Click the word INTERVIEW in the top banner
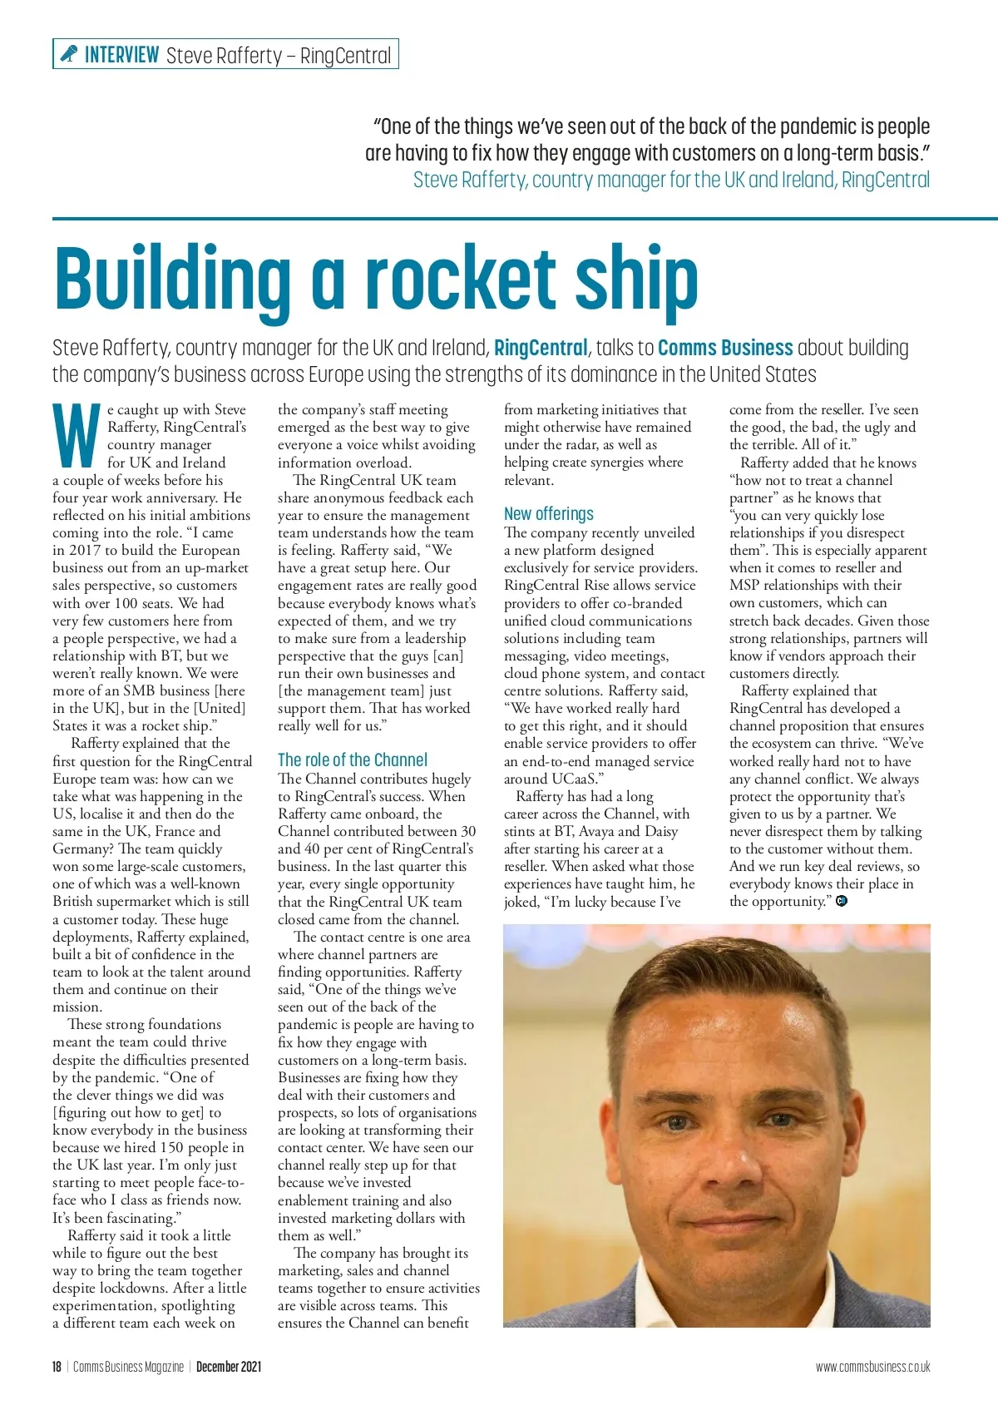(x=121, y=55)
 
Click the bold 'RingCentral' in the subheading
(x=541, y=348)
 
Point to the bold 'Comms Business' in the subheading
(x=725, y=348)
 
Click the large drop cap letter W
(x=77, y=436)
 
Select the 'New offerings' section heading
(x=549, y=513)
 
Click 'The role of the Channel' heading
(x=353, y=759)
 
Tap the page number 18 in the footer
(x=57, y=1367)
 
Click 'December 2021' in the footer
(x=229, y=1367)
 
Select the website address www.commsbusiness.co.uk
(x=872, y=1367)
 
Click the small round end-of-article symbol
(x=842, y=901)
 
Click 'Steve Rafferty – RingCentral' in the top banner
(x=279, y=55)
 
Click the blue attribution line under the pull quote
(x=671, y=180)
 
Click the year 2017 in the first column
(x=84, y=550)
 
